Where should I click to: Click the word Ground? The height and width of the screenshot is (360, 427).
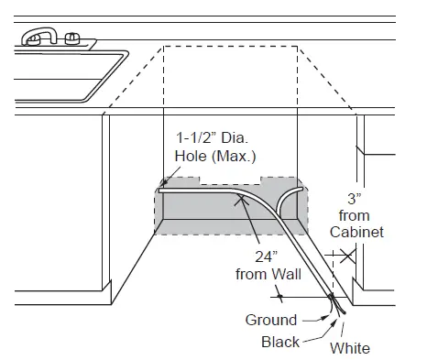coord(270,320)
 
